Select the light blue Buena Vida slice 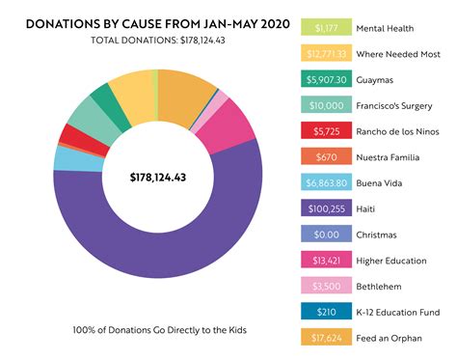[68, 157]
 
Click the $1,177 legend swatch [328, 30]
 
